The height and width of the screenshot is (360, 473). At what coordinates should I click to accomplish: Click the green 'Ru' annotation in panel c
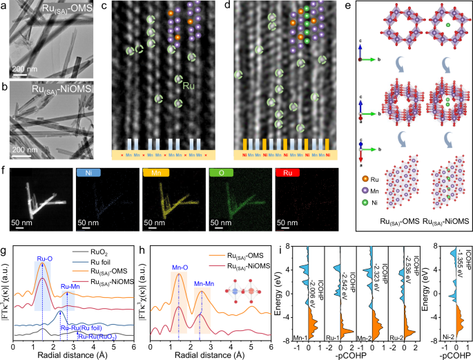188,88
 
